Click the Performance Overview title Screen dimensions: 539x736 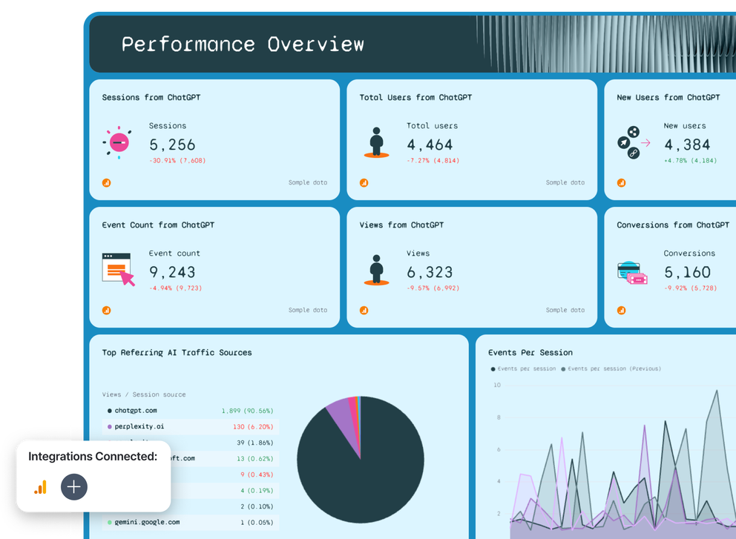[x=243, y=44]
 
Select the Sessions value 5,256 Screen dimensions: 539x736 [x=172, y=145]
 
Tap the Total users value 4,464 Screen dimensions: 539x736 [x=430, y=145]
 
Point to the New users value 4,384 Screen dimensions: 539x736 [x=686, y=145]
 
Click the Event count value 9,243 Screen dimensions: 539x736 [x=172, y=272]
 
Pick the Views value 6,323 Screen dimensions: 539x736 [x=430, y=272]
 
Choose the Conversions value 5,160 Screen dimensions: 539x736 [x=686, y=272]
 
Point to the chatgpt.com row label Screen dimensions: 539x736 [x=135, y=410]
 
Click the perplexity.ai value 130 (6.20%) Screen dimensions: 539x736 [x=252, y=427]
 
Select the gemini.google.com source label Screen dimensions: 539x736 [x=147, y=522]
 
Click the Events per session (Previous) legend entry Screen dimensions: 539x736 [x=614, y=368]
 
